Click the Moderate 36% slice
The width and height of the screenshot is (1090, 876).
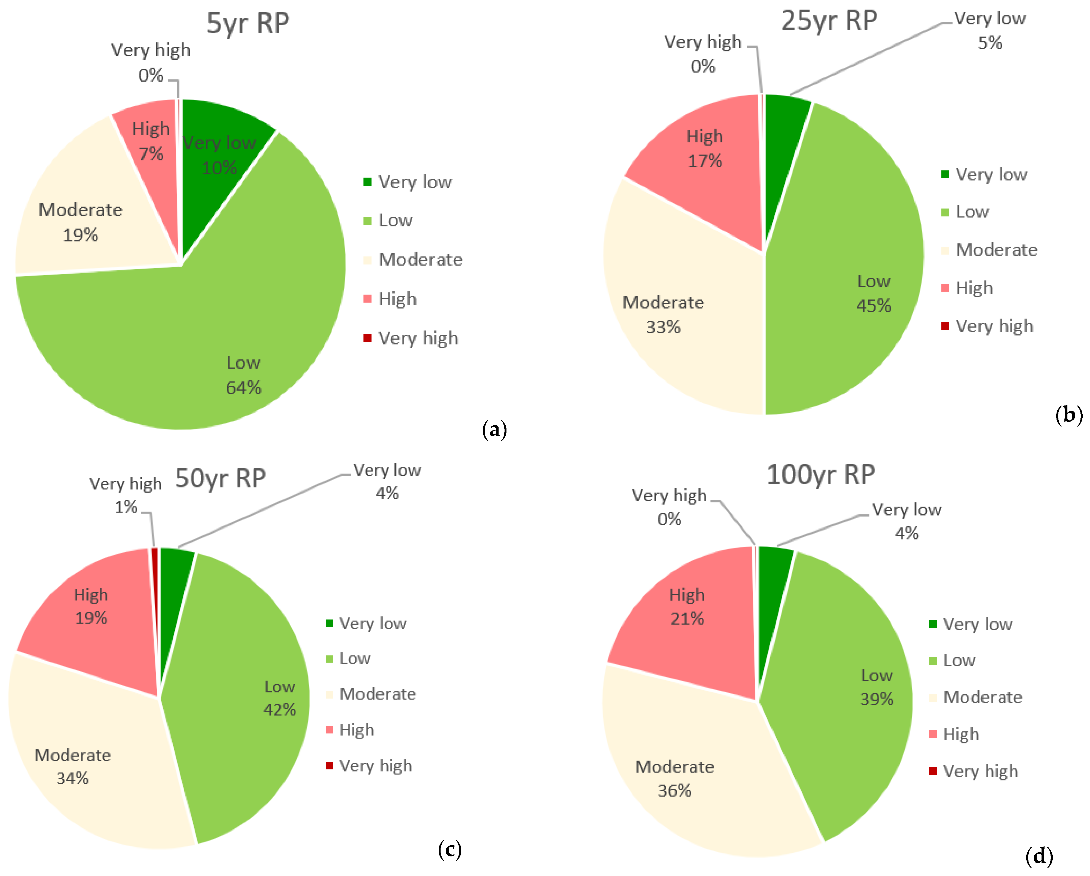click(688, 768)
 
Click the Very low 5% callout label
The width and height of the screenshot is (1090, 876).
click(990, 30)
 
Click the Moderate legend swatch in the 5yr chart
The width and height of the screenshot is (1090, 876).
click(368, 260)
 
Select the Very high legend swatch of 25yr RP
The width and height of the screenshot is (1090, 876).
click(945, 325)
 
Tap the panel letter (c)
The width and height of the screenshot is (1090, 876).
click(450, 849)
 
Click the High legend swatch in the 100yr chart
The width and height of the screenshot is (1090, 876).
click(933, 734)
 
